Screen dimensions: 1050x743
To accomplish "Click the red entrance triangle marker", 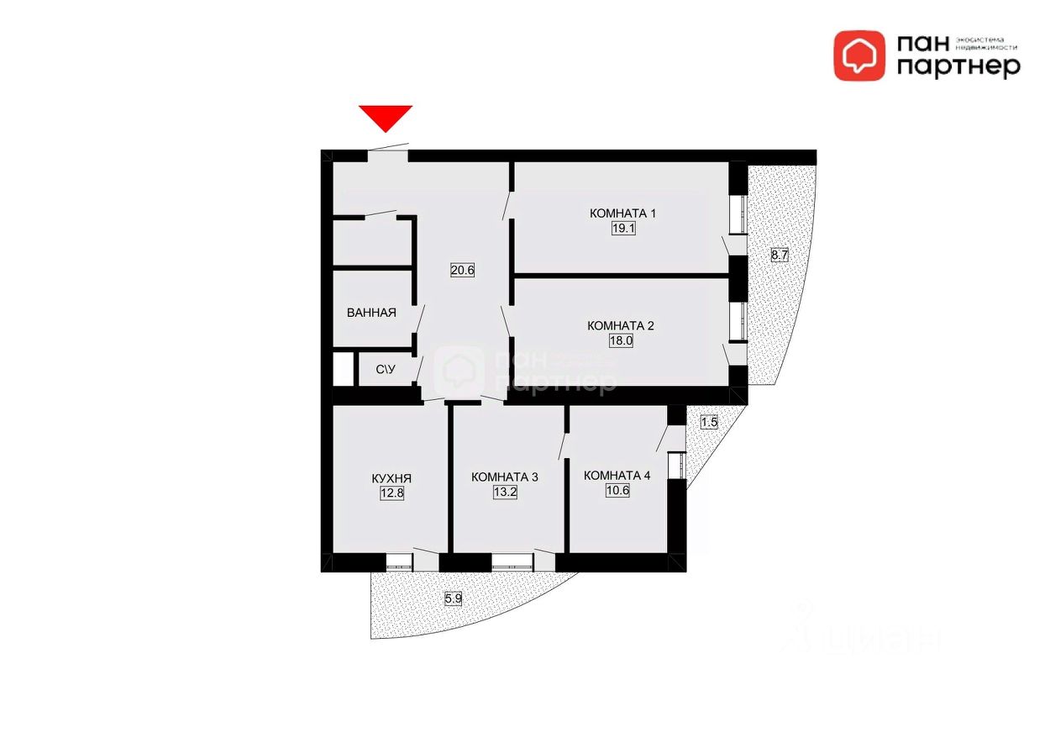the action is pyautogui.click(x=386, y=117).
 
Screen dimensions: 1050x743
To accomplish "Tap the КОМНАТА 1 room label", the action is pyautogui.click(x=622, y=213).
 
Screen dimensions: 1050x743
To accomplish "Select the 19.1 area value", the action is pyautogui.click(x=622, y=228).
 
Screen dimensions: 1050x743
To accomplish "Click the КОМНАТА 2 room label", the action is pyautogui.click(x=620, y=326).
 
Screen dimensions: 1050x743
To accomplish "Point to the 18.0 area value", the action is pyautogui.click(x=620, y=340).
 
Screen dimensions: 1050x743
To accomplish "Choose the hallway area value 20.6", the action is pyautogui.click(x=463, y=271).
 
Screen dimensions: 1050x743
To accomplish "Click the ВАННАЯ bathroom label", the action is pyautogui.click(x=371, y=313).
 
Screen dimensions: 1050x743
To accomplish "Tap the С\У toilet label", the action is pyautogui.click(x=386, y=369).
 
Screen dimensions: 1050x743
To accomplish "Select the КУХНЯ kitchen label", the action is pyautogui.click(x=391, y=479).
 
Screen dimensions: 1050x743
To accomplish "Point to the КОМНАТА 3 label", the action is pyautogui.click(x=505, y=477).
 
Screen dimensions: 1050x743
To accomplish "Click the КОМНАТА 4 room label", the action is pyautogui.click(x=617, y=475).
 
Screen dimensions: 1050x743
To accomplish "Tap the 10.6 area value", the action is pyautogui.click(x=617, y=490).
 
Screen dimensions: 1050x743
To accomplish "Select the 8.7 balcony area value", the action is pyautogui.click(x=779, y=256).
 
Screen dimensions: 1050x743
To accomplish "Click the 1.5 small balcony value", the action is pyautogui.click(x=708, y=423).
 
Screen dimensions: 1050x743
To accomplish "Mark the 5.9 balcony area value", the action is pyautogui.click(x=453, y=599).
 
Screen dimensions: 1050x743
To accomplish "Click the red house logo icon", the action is pyautogui.click(x=858, y=55).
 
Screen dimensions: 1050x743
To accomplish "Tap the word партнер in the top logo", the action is pyautogui.click(x=958, y=66).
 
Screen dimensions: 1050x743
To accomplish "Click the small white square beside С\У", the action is pyautogui.click(x=342, y=369).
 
